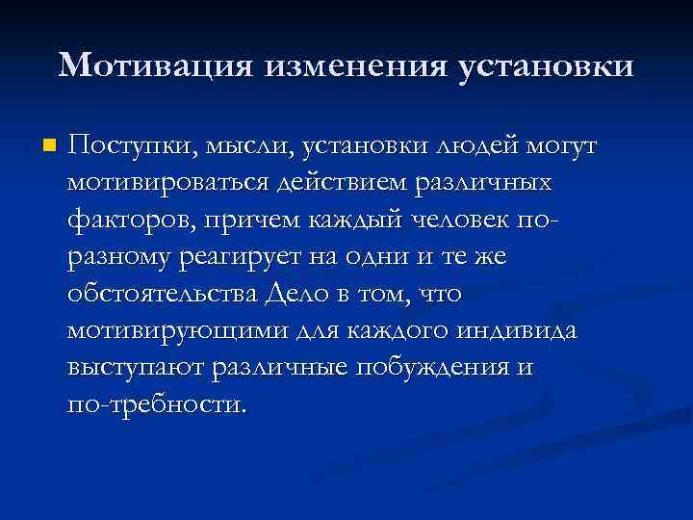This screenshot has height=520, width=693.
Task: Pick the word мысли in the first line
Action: [x=249, y=146]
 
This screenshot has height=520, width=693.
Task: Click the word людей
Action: [x=478, y=146]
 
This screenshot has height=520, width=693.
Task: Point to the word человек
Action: [x=463, y=220]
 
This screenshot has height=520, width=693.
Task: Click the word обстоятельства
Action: [x=163, y=293]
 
